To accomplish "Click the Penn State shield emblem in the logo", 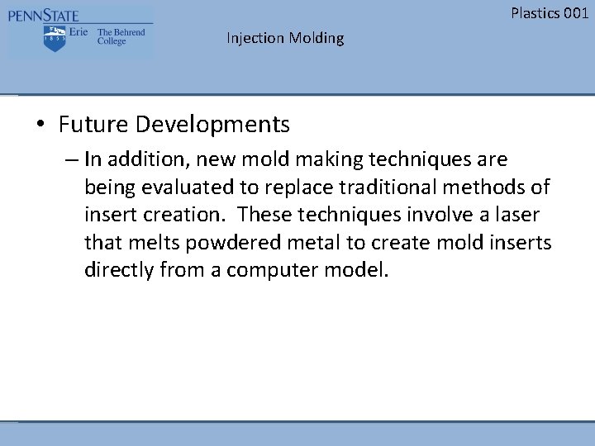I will coord(55,38).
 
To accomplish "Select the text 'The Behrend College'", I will coord(121,37).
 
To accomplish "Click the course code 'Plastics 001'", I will coord(550,12).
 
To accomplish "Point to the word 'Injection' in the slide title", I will coord(255,38).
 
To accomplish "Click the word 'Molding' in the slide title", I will coord(317,38).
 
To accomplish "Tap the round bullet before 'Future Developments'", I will coord(40,126).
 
